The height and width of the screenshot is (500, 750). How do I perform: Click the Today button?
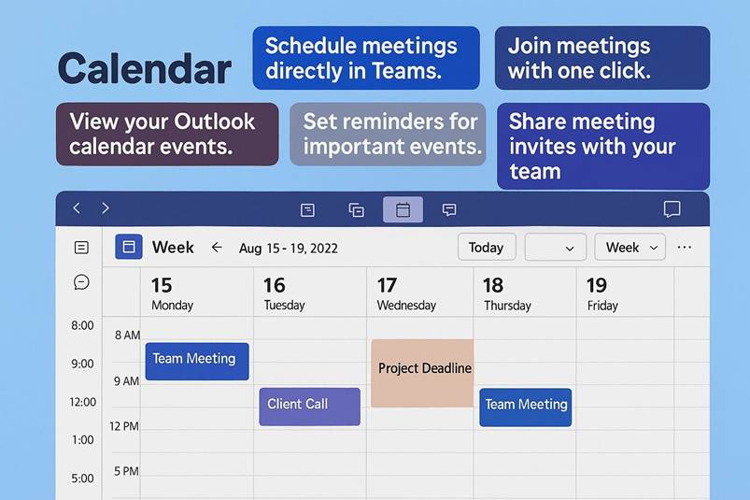click(487, 247)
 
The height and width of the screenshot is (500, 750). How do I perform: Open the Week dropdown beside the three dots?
click(630, 247)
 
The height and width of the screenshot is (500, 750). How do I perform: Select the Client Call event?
click(309, 407)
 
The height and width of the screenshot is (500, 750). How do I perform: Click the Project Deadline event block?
click(422, 373)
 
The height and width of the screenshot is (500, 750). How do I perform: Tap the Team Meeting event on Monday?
click(197, 362)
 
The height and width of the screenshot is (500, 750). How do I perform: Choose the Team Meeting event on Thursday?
click(525, 407)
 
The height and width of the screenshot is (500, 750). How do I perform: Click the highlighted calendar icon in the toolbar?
click(403, 209)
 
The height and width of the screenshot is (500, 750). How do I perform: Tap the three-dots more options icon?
click(685, 248)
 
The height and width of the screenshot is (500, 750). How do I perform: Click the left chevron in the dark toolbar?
click(77, 208)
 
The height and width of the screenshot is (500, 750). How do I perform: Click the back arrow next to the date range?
click(217, 248)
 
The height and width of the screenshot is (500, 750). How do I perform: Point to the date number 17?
click(387, 286)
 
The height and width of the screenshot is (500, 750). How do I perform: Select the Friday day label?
click(602, 306)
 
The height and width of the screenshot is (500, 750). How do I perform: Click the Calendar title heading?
click(145, 69)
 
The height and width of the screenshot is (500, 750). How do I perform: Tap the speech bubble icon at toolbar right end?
click(672, 209)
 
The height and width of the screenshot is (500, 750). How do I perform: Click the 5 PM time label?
click(126, 471)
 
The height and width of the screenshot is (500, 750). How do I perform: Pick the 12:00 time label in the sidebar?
click(83, 402)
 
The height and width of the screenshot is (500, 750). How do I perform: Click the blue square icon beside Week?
click(129, 247)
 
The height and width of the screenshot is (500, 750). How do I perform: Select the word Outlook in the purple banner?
click(214, 121)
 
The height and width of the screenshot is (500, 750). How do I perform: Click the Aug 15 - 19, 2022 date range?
click(289, 249)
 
